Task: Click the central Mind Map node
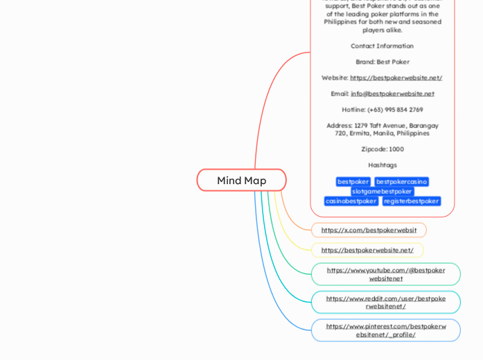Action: pyautogui.click(x=241, y=180)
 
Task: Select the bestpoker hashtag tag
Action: pyautogui.click(x=353, y=181)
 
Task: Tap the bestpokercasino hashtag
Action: pyautogui.click(x=401, y=181)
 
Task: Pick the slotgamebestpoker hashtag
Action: pyautogui.click(x=382, y=191)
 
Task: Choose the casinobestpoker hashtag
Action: pyautogui.click(x=351, y=201)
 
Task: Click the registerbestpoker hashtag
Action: pyautogui.click(x=412, y=201)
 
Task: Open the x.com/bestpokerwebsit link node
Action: pyautogui.click(x=369, y=230)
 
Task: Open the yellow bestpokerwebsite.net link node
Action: pyautogui.click(x=367, y=250)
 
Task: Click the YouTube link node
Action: pyautogui.click(x=385, y=274)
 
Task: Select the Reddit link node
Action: pyautogui.click(x=385, y=302)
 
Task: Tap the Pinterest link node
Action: pyautogui.click(x=385, y=330)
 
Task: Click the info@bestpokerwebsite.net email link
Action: pyautogui.click(x=392, y=93)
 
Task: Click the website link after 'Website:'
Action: pyautogui.click(x=396, y=78)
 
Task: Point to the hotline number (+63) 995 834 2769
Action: pyautogui.click(x=382, y=109)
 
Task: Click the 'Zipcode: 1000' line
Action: pyautogui.click(x=382, y=149)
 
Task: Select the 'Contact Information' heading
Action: pyautogui.click(x=382, y=46)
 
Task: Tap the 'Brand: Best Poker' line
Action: pyautogui.click(x=382, y=62)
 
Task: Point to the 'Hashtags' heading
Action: pyautogui.click(x=382, y=165)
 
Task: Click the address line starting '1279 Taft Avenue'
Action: pyautogui.click(x=382, y=129)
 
